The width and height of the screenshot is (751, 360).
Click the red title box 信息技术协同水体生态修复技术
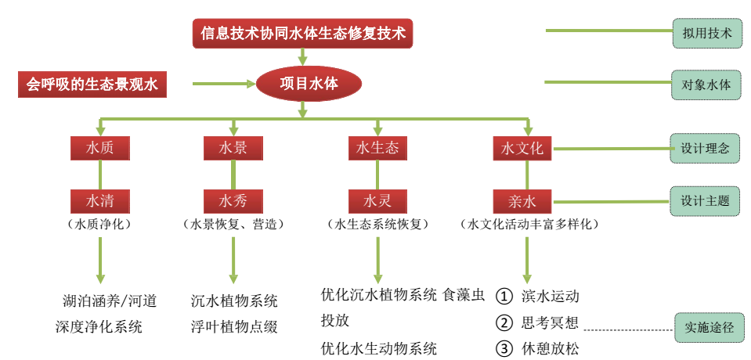(302, 34)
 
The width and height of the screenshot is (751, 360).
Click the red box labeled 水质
(99, 148)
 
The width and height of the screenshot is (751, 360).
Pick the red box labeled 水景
(233, 148)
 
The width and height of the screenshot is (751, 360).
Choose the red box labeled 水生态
(377, 148)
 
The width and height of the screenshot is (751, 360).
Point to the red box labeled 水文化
(522, 148)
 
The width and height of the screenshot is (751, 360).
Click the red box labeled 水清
(99, 200)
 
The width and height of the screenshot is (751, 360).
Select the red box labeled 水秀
(233, 200)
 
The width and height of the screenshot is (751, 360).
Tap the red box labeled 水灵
(377, 200)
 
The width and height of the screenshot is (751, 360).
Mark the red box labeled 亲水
(522, 200)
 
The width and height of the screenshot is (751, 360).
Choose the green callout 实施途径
(709, 328)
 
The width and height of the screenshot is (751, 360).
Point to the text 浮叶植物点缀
(234, 327)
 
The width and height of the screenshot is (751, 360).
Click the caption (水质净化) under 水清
(99, 224)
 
